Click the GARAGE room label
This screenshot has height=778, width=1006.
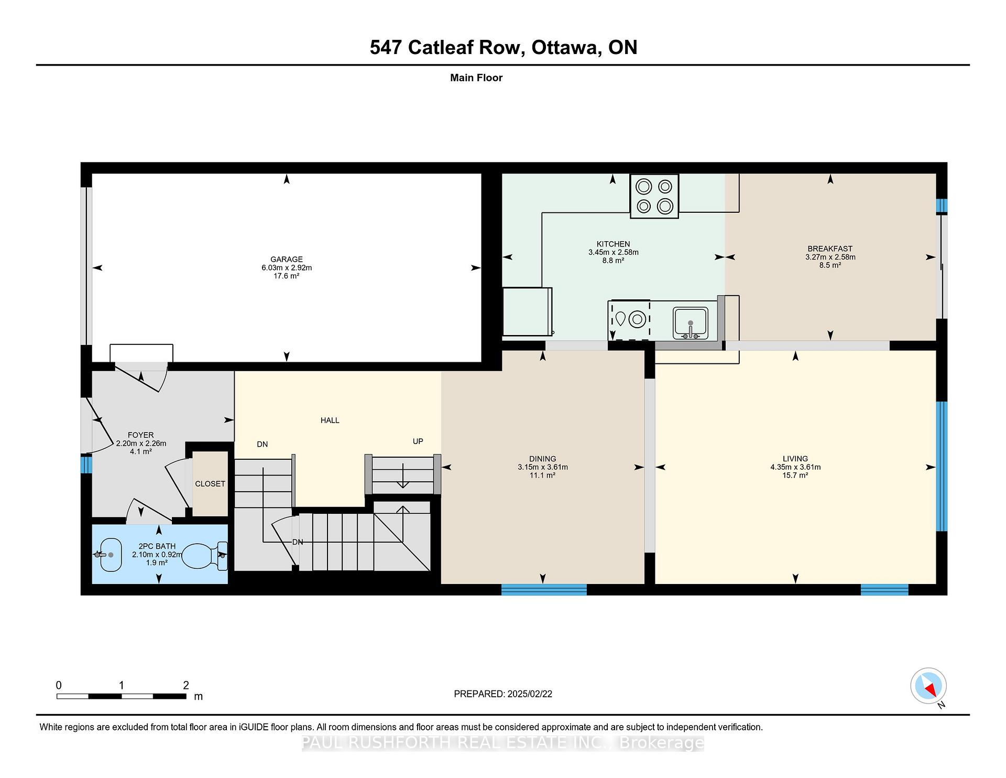[287, 259]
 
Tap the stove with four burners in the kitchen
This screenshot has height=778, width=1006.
[654, 196]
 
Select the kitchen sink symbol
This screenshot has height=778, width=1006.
[691, 323]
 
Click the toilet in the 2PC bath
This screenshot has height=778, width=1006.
[205, 556]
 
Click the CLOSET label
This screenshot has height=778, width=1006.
[210, 484]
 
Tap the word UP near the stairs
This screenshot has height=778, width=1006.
[418, 441]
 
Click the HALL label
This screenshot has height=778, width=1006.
[330, 420]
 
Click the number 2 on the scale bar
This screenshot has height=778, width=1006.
[186, 685]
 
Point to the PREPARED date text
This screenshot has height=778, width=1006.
[503, 694]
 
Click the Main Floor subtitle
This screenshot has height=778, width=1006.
[476, 78]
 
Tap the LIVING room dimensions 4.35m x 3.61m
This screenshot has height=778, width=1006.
[795, 467]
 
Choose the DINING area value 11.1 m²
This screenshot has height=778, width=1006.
[543, 476]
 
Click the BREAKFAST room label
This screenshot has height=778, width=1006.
[830, 249]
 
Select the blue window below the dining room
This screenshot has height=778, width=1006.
[544, 590]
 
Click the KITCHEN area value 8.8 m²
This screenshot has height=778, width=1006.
[613, 261]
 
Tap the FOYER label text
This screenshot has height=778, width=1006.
[141, 435]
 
